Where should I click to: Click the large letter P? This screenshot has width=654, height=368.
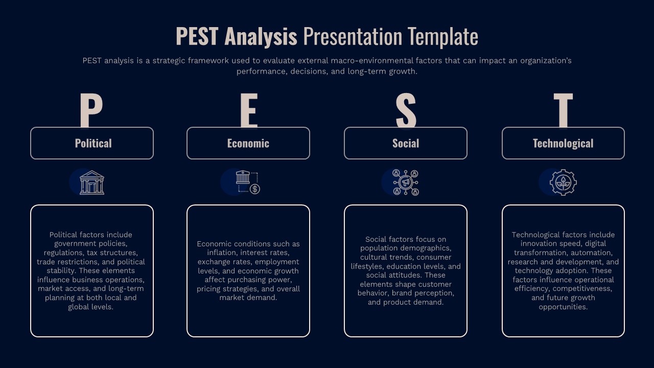pos(91,110)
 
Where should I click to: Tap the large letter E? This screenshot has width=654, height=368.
pos(248,110)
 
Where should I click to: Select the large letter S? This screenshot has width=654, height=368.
pos(406,110)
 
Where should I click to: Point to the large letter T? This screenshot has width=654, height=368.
pos(563,110)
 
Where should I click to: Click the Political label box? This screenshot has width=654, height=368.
pos(92,143)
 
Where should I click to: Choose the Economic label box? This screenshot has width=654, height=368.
pos(248,143)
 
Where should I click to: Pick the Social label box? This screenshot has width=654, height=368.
pos(406,143)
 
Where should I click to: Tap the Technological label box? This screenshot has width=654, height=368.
pos(563,143)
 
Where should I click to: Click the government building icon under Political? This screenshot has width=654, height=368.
pos(92,182)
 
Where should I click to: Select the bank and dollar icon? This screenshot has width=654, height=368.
pos(248,182)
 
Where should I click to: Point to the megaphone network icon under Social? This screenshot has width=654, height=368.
pos(406,182)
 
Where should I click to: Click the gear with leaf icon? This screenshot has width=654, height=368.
pos(563,182)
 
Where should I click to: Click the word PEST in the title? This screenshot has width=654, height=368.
pos(197,37)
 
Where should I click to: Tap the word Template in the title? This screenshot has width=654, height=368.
pos(443,37)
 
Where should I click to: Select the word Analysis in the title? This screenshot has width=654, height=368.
pos(261,37)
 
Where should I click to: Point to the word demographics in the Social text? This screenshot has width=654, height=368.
pos(427,248)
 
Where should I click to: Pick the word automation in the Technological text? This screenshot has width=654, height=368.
pos(591,253)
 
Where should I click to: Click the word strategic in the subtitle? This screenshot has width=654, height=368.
pos(169,61)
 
